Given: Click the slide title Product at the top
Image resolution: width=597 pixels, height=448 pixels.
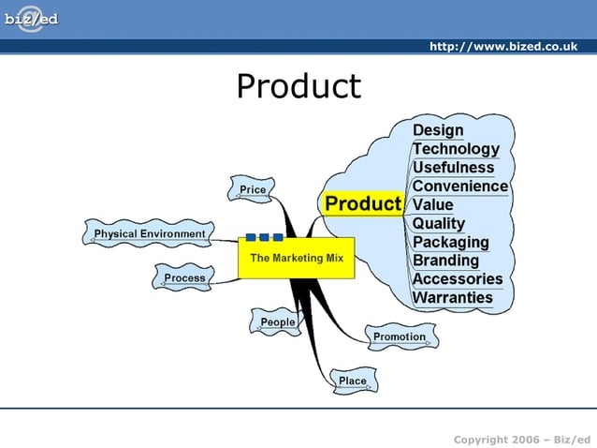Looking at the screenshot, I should [298, 86].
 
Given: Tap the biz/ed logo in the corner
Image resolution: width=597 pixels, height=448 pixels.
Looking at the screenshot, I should [30, 20].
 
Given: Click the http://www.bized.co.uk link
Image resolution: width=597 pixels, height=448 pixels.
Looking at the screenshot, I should [502, 47].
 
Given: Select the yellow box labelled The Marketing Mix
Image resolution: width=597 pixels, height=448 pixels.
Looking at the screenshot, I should [297, 258].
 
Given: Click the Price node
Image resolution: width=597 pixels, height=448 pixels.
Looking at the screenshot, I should [253, 189].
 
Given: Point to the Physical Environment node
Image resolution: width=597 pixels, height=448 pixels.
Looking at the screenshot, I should [150, 233].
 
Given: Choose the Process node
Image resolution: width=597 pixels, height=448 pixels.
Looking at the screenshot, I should [184, 278].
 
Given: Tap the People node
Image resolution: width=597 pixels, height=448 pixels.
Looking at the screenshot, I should [277, 322].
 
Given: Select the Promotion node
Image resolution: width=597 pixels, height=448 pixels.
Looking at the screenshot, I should [400, 336].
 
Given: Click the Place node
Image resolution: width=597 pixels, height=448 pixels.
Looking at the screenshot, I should [353, 381].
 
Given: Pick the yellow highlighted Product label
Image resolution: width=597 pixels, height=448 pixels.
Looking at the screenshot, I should [363, 203].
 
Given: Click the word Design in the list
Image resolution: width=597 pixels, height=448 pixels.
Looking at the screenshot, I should [438, 130].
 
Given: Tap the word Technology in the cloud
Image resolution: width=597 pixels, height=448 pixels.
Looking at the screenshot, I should [456, 149].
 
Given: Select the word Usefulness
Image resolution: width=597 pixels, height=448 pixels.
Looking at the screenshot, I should [453, 168].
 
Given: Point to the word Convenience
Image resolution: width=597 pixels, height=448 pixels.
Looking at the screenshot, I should [459, 187].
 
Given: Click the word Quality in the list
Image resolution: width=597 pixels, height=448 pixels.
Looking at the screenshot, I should [438, 223].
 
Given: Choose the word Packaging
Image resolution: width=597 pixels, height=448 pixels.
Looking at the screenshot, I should [450, 242].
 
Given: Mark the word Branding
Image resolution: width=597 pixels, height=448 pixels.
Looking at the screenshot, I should [445, 261].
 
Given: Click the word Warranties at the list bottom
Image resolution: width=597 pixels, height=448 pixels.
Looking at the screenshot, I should [452, 298].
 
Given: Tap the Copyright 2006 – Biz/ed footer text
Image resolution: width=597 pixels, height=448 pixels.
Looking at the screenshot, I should [521, 440].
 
